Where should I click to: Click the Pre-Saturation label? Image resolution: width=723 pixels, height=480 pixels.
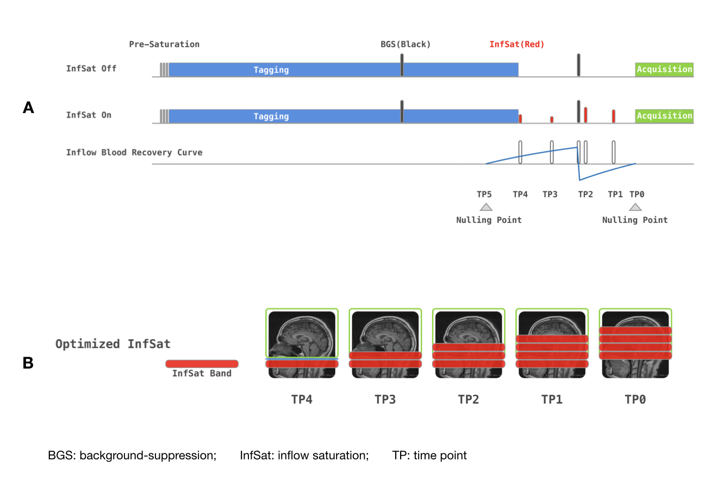click(x=164, y=44)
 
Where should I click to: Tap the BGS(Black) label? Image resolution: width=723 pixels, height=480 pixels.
click(x=405, y=44)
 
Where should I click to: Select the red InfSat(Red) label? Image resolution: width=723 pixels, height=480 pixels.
click(x=516, y=44)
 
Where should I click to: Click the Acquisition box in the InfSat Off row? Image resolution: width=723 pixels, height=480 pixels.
click(x=664, y=69)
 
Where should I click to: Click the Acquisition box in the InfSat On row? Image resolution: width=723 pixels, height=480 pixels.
click(x=664, y=116)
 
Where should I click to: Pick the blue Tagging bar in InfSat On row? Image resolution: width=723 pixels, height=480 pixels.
click(x=342, y=116)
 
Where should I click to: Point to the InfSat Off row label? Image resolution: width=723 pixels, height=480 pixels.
click(x=91, y=69)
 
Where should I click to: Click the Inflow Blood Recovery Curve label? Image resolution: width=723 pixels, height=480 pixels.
click(x=134, y=152)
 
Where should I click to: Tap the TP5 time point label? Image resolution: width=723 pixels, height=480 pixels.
click(x=484, y=194)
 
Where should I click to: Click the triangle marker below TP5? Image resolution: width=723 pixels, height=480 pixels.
click(x=486, y=207)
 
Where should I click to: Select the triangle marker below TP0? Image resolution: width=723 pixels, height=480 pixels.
click(x=635, y=207)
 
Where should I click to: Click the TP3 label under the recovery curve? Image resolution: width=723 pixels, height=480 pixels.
click(x=550, y=194)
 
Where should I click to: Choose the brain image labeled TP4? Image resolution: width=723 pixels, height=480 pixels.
click(x=302, y=343)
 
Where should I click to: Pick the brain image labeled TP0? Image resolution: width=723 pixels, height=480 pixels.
click(x=635, y=343)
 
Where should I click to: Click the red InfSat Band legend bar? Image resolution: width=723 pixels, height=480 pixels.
click(x=202, y=364)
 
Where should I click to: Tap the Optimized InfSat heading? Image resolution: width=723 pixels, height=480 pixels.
click(x=113, y=344)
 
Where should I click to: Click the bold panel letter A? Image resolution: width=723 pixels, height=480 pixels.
click(x=28, y=108)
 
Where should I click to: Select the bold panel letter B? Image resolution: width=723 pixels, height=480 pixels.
click(x=28, y=363)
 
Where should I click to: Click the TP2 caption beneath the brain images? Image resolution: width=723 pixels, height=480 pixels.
click(x=468, y=400)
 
